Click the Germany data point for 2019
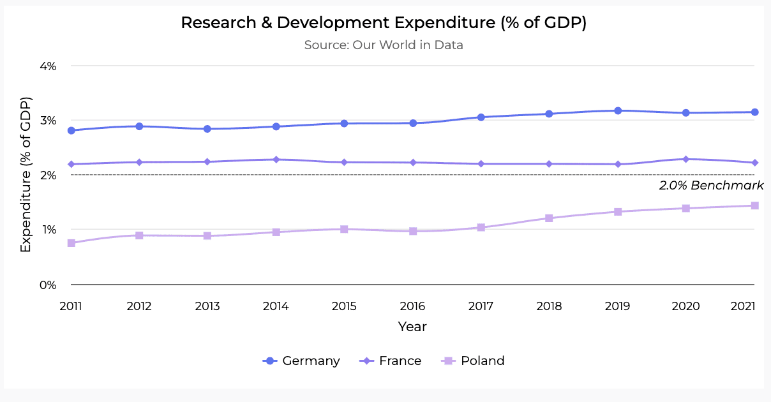point(618,110)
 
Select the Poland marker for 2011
point(71,243)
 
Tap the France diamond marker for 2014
point(276,160)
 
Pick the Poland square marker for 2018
point(549,218)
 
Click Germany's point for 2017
point(481,117)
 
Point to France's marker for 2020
point(686,159)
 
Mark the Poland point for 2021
point(754,205)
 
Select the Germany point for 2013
point(207,129)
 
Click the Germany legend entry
point(301,361)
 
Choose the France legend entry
point(391,361)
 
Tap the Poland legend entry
point(473,361)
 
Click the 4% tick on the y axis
point(48,66)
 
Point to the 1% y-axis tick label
point(48,230)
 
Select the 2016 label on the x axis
point(412,306)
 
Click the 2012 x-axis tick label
point(139,306)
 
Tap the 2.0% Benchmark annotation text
point(711,186)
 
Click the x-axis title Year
point(412,327)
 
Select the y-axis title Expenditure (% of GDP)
point(26,175)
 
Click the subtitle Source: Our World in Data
point(384,45)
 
